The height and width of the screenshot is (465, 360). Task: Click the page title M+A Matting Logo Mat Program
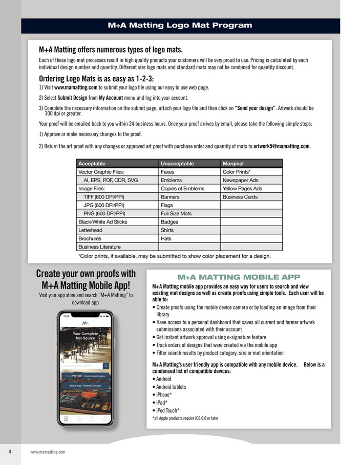(180, 25)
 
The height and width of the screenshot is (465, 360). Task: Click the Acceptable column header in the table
(92, 163)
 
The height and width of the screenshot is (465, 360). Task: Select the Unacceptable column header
(177, 163)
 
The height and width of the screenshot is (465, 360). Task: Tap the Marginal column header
(233, 163)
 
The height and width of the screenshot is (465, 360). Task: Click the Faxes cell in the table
(167, 172)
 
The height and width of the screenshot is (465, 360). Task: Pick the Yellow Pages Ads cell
(242, 188)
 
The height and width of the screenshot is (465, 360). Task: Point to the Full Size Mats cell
(176, 213)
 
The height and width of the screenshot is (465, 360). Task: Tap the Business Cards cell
(240, 196)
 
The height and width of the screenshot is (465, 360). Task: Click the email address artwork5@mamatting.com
(282, 146)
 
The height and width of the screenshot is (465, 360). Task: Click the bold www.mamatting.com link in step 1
(76, 87)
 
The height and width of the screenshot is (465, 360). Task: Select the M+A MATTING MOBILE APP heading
(238, 278)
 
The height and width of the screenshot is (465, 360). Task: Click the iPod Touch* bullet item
(166, 410)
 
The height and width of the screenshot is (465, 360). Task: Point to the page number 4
(10, 451)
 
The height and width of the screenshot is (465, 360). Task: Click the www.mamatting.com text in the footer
(48, 452)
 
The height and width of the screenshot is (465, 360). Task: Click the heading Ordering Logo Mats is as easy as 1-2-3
(96, 79)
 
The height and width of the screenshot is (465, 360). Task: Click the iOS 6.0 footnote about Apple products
(185, 418)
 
